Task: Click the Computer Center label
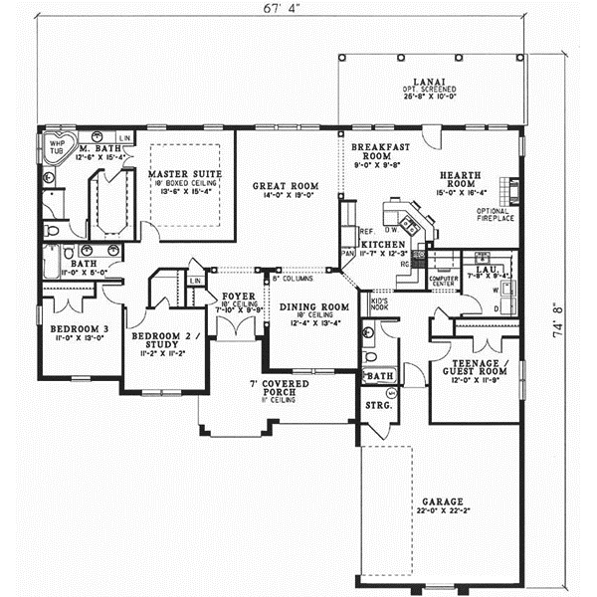(x=442, y=282)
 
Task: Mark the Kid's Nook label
(x=379, y=304)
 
